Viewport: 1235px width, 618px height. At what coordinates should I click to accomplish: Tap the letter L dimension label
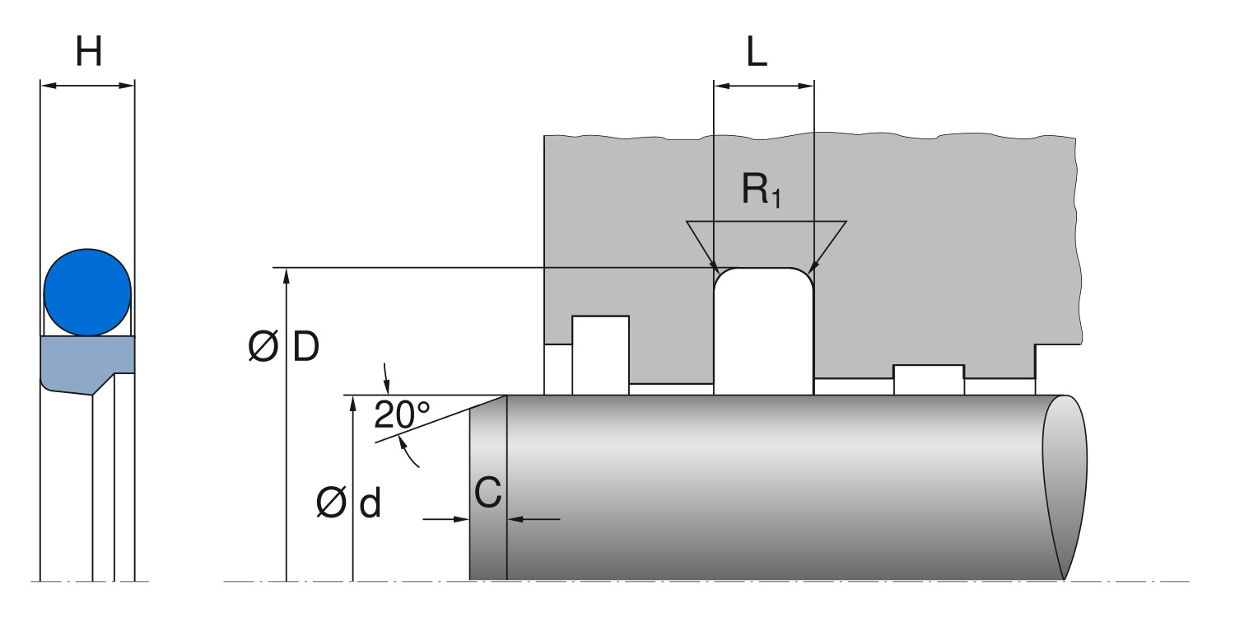757,53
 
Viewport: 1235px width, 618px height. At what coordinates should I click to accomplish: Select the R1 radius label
760,190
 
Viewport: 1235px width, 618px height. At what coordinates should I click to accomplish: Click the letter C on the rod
488,493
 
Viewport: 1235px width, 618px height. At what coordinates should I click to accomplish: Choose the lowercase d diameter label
370,503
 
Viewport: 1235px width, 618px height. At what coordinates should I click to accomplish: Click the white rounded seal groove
763,330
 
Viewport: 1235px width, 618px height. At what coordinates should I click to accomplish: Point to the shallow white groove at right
929,379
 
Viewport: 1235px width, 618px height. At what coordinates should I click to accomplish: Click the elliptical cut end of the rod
1065,486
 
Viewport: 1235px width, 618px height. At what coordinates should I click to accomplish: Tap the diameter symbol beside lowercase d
331,504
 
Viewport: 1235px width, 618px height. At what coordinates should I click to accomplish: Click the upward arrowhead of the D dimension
286,275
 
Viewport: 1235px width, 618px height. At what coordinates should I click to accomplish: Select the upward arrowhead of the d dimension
352,403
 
